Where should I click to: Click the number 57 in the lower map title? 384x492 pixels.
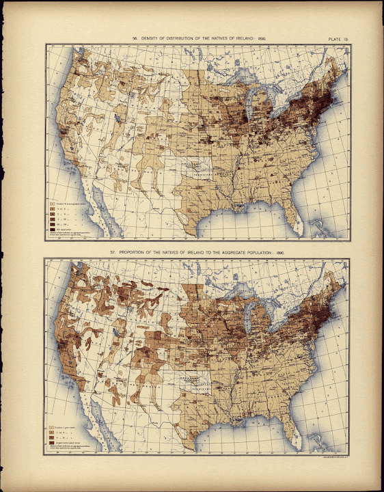(113, 253)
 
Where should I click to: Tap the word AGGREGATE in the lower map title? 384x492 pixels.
(230, 253)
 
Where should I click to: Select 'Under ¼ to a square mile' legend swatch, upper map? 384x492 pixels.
(51, 204)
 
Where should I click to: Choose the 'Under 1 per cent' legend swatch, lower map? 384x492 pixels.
(51, 427)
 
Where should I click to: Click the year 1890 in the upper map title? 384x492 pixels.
(262, 40)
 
